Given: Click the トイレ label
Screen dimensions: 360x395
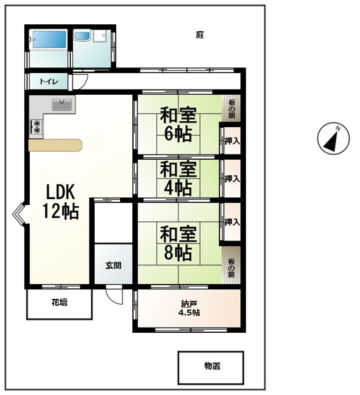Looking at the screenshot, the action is tap(49, 82).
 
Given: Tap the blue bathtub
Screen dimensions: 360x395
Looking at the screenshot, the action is tap(49, 39).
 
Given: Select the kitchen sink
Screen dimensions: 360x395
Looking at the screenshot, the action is tap(62, 105).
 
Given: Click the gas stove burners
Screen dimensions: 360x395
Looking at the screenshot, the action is tap(36, 127).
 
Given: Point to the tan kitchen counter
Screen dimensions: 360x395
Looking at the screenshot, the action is tap(55, 145).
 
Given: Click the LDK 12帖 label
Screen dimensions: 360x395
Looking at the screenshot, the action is tap(60, 202).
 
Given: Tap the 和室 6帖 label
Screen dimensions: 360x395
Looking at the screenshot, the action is tap(178, 124).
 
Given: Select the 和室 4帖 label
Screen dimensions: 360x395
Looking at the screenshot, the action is tap(178, 178).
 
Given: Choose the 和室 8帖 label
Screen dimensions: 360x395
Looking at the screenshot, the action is tap(178, 243).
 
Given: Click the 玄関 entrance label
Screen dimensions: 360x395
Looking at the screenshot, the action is tap(113, 265).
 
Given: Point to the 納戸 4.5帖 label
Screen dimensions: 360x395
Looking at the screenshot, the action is tap(189, 308).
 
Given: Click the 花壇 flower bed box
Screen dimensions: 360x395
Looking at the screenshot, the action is tap(59, 304).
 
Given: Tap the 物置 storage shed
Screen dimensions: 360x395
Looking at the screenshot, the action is tap(211, 368).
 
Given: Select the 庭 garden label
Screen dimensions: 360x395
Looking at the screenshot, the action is tap(200, 35).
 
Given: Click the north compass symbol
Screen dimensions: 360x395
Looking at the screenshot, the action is tap(333, 138).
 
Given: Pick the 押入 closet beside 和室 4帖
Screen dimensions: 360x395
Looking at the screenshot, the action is tap(232, 178).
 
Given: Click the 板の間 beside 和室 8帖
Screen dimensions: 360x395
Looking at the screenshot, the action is tap(231, 265).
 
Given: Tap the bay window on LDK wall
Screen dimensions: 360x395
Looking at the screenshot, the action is tap(19, 214).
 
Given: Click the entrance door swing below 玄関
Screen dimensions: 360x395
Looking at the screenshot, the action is tap(114, 295).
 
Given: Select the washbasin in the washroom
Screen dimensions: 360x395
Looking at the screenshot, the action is tap(82, 36).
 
